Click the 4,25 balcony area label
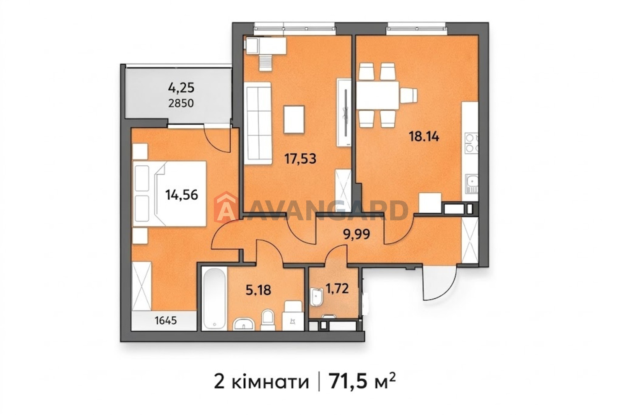(181, 88)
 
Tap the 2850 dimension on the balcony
(181, 104)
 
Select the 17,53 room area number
(300, 159)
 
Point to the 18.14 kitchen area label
(424, 137)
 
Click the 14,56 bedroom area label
(182, 195)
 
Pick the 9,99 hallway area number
(357, 234)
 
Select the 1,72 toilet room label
(337, 288)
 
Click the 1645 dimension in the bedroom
(166, 321)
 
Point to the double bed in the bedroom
(169, 193)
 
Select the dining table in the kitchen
(377, 95)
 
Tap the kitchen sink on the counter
(472, 182)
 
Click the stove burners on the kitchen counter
(472, 143)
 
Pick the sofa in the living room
(257, 123)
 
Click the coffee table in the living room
(294, 119)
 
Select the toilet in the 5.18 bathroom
(267, 320)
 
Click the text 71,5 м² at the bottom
(362, 382)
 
